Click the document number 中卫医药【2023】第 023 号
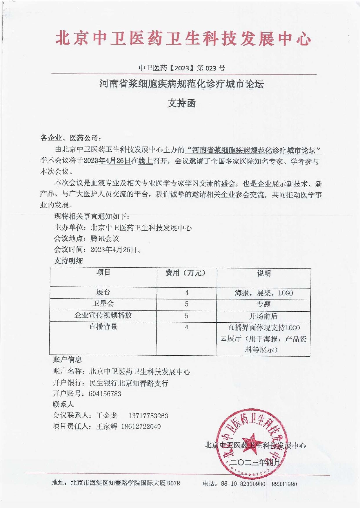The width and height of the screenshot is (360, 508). click(x=182, y=68)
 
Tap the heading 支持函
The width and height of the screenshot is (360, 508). click(x=181, y=103)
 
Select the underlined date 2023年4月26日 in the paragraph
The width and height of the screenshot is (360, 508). click(x=107, y=161)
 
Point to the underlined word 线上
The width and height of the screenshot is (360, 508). click(x=146, y=161)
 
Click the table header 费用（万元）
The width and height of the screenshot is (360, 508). click(x=186, y=273)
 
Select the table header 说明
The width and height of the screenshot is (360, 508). click(x=263, y=273)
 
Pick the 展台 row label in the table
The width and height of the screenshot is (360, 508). click(x=103, y=292)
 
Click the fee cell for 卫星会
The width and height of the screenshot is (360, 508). click(x=186, y=304)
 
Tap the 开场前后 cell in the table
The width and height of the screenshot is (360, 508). click(x=263, y=316)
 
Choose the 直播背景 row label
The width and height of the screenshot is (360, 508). click(x=103, y=327)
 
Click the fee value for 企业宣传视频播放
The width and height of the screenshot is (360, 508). click(x=186, y=316)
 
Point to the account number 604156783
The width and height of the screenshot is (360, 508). click(x=105, y=394)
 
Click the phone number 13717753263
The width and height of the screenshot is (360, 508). click(x=148, y=416)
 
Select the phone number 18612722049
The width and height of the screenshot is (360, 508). click(x=141, y=427)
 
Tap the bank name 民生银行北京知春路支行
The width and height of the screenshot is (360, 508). click(x=129, y=383)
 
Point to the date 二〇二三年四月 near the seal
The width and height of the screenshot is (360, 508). click(x=255, y=463)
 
